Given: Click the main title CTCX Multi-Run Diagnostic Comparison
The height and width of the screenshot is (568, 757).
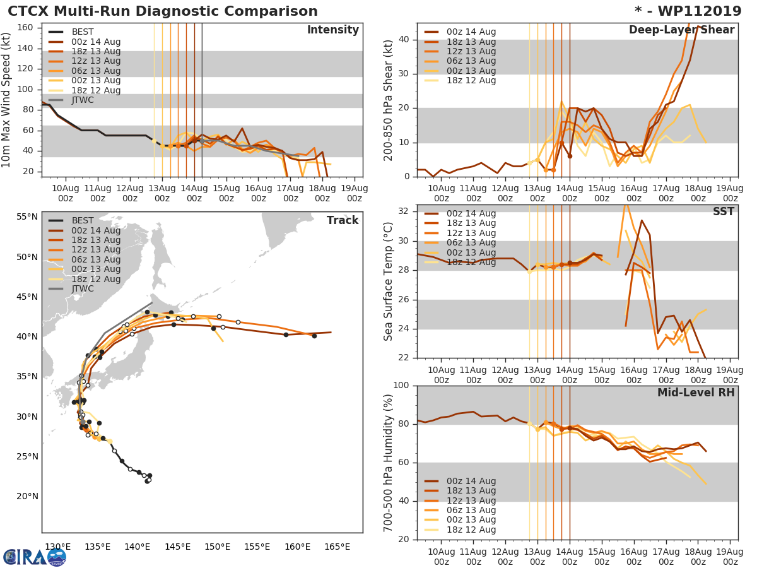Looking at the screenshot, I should click(163, 11).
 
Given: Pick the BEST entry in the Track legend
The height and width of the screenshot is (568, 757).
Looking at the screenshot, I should click(83, 221).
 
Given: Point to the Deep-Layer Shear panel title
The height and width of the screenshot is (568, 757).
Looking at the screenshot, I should click(681, 30).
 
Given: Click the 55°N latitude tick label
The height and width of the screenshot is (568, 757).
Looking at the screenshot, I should click(27, 216).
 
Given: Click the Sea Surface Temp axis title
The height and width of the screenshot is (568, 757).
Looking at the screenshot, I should click(389, 281).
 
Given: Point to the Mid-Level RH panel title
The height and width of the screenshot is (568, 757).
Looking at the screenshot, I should click(696, 393).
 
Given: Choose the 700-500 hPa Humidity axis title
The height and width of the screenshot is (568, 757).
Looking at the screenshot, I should click(389, 462).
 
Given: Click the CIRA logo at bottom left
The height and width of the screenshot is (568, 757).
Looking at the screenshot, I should click(35, 557).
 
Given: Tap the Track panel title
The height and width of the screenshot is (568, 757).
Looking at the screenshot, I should click(343, 220).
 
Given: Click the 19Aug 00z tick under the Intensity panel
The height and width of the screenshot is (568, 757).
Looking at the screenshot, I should click(355, 193).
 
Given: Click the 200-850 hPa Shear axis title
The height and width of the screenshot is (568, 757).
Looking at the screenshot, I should click(389, 100).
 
